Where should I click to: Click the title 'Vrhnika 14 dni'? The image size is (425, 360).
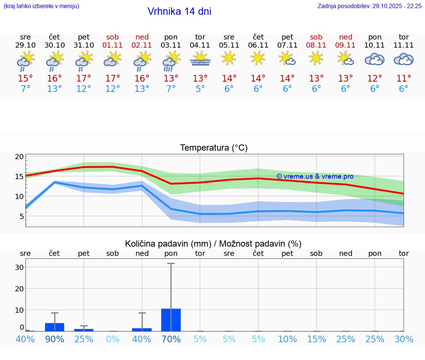click(179, 11)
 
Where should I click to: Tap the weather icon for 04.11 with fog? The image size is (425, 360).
click(200, 59)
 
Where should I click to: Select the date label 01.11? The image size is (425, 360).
click(113, 45)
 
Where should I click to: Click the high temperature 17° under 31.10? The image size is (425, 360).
click(84, 79)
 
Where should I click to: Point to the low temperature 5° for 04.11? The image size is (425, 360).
click(200, 89)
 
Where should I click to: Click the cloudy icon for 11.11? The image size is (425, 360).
click(404, 59)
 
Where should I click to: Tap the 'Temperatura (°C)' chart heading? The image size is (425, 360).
click(214, 148)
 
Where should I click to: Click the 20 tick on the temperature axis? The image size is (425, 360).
click(19, 157)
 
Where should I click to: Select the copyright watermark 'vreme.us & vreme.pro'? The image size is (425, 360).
click(315, 176)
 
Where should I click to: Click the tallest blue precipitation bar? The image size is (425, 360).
click(171, 320)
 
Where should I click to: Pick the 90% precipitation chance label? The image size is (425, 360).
click(55, 339)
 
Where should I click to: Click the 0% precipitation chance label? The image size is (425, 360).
click(113, 339)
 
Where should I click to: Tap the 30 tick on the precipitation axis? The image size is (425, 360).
click(19, 267)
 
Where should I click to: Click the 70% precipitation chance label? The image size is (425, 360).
click(171, 339)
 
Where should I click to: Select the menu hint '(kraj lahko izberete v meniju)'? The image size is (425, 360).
click(41, 6)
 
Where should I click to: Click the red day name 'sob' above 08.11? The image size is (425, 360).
click(316, 37)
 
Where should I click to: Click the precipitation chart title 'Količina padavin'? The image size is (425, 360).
click(168, 244)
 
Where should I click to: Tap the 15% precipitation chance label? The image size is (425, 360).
click(316, 339)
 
